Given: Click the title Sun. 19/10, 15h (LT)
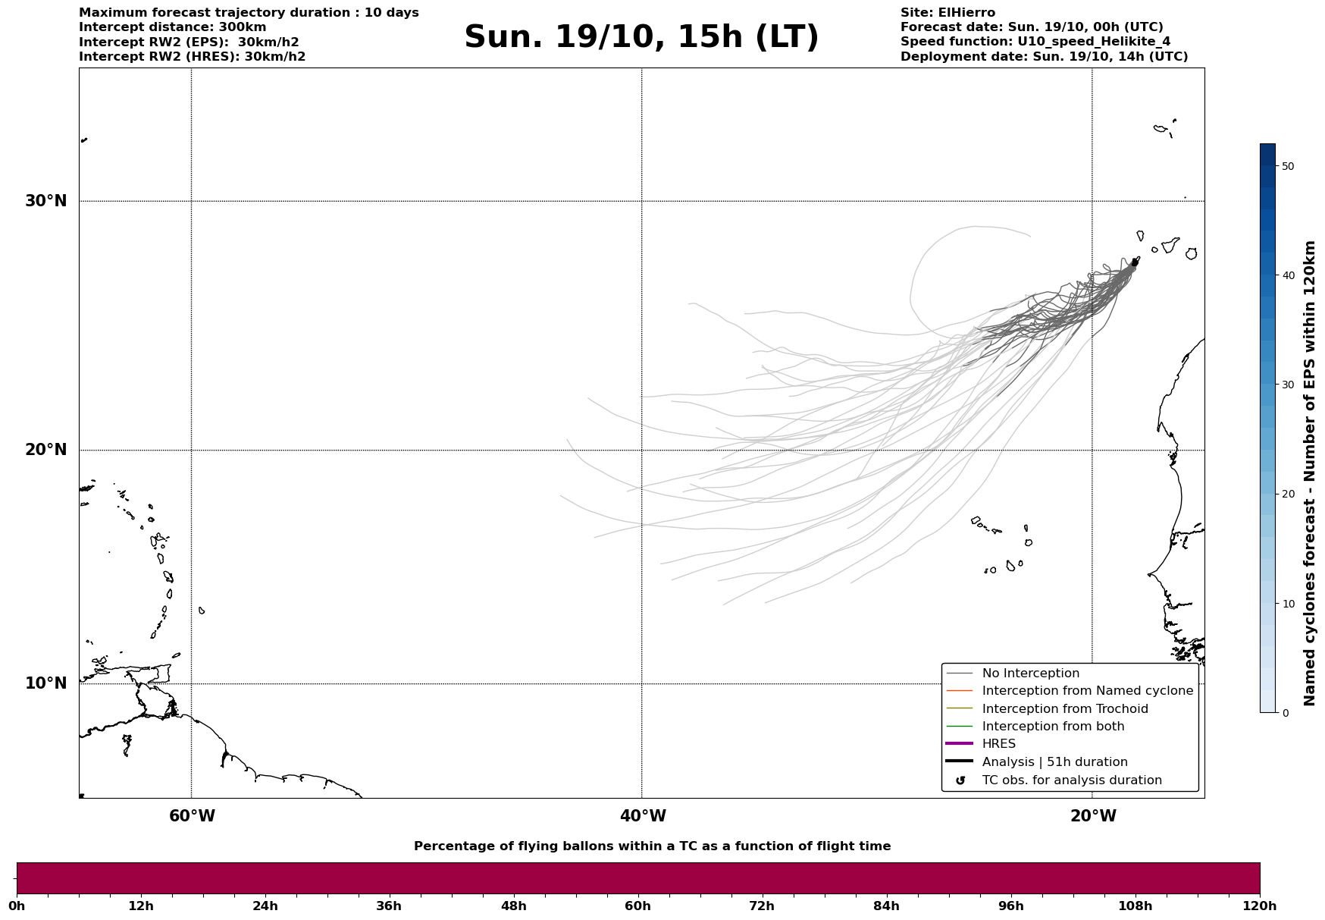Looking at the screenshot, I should (641, 37).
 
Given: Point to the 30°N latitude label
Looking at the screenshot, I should (46, 201).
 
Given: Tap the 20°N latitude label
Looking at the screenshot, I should (46, 450).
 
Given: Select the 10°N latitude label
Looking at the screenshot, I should (46, 683).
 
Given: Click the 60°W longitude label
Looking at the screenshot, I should (192, 816).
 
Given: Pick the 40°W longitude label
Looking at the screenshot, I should (643, 816).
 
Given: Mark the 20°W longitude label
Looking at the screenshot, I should (1093, 816).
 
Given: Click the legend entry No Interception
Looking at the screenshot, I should (1030, 674).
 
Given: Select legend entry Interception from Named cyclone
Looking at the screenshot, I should (1087, 691).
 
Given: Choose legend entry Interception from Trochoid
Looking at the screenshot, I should (1064, 709).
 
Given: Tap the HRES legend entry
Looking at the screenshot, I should (998, 744).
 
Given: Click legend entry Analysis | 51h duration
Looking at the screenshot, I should (1054, 762).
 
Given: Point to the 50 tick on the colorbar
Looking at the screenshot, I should (1287, 166).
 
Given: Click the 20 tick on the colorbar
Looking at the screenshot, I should (1287, 495).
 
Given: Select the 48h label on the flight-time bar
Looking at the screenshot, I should (513, 906).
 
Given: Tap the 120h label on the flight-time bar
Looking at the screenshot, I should (1259, 906).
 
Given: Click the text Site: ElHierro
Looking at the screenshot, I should (948, 13).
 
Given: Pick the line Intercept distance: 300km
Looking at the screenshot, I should (173, 27).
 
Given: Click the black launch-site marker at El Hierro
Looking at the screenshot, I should (1135, 262).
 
